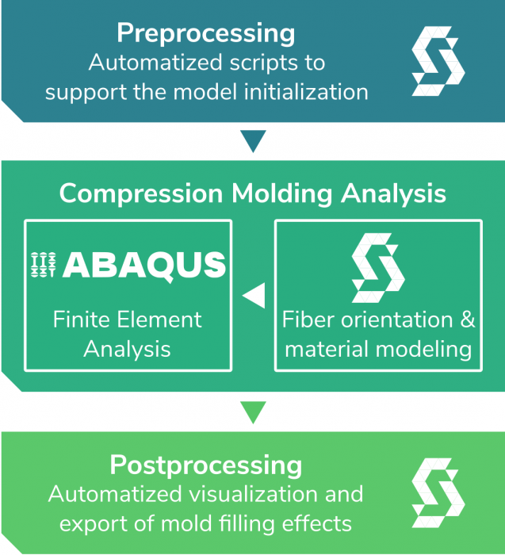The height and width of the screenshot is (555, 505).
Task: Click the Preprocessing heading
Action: pos(206,33)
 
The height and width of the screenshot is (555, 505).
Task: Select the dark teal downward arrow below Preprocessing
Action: pos(253,141)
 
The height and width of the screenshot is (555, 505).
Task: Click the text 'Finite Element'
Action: pos(128,320)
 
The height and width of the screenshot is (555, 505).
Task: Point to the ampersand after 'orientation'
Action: pos(468,320)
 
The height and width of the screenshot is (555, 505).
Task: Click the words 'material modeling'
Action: pos(378,349)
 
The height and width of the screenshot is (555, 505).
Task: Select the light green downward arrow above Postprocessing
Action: pos(253,412)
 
